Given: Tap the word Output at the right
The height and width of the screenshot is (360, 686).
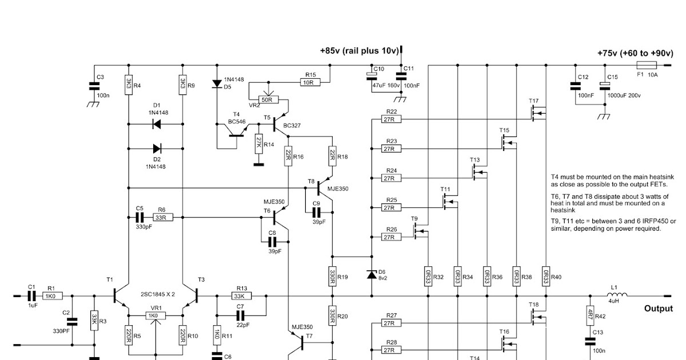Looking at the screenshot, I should click(658, 309).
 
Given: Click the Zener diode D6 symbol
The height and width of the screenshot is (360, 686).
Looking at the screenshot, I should click(371, 275).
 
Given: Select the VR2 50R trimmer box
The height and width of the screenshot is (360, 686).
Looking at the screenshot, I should click(266, 99).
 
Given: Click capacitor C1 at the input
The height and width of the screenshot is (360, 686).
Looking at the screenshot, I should click(31, 296).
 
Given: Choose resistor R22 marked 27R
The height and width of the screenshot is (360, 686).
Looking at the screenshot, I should click(392, 119).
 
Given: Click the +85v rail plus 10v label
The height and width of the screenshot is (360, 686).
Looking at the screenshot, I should click(359, 51).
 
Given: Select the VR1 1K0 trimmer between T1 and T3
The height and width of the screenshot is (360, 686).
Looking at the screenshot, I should click(153, 316).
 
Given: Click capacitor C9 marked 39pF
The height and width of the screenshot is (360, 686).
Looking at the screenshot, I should click(316, 211).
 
